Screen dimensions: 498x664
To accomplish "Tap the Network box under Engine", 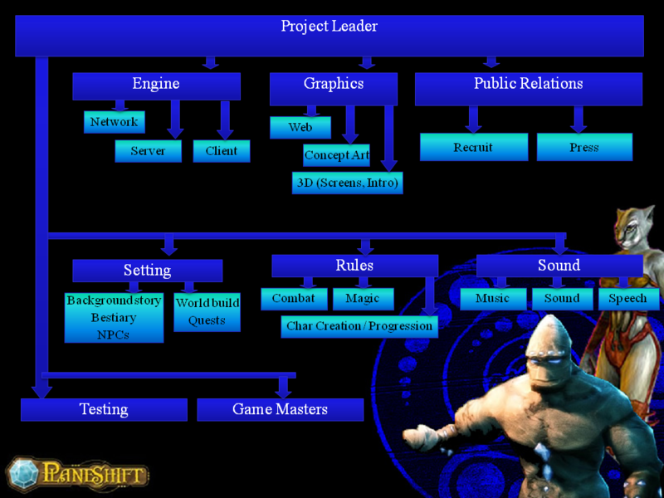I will click(x=114, y=122).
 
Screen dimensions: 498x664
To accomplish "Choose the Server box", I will click(x=148, y=151).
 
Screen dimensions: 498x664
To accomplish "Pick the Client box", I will click(x=222, y=151).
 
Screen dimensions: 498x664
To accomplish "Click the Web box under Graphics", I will click(x=300, y=128).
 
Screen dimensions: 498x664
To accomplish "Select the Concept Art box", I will click(x=336, y=155).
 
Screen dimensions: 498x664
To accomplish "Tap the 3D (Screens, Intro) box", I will click(x=347, y=183).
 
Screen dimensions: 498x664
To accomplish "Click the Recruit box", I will click(x=473, y=148).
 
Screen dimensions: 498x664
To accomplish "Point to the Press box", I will click(x=584, y=148).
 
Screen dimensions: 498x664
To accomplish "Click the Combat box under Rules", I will click(x=294, y=299).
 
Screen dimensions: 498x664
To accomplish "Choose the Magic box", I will click(x=363, y=299).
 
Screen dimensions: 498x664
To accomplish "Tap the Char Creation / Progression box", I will click(x=359, y=326).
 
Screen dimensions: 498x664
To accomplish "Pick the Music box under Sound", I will click(x=493, y=299).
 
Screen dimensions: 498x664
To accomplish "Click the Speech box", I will click(x=628, y=299).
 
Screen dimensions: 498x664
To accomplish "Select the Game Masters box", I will click(x=281, y=409).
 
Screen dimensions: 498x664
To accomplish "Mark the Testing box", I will click(x=104, y=409).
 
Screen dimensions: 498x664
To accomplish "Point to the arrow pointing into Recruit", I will click(x=473, y=120).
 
